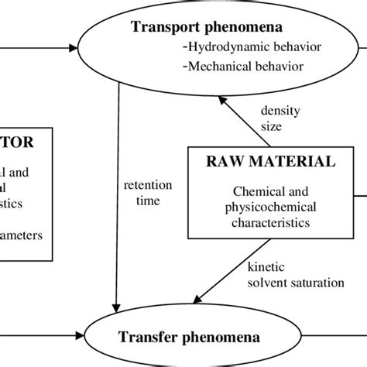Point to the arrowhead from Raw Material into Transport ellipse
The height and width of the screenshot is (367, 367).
(x=220, y=98)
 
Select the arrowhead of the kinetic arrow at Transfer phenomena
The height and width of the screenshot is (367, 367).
(x=199, y=301)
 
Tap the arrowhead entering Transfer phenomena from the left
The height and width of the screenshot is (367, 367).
(x=101, y=338)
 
